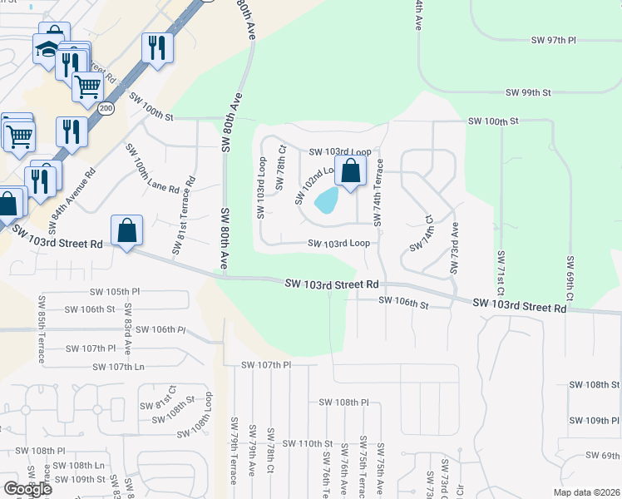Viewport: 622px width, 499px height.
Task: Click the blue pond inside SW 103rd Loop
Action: click(x=327, y=200)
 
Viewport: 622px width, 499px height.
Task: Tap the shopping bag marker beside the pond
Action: click(x=351, y=171)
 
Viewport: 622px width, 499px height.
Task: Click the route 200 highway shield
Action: click(x=106, y=109)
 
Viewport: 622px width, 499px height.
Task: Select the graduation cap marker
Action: click(x=47, y=49)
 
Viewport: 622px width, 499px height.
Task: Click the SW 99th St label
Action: click(x=529, y=93)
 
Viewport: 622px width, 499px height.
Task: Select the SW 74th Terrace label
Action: click(x=378, y=192)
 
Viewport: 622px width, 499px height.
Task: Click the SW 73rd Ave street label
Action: click(x=454, y=248)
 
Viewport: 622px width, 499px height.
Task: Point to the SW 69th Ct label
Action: click(x=570, y=279)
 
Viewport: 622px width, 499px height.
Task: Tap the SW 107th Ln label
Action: click(x=118, y=367)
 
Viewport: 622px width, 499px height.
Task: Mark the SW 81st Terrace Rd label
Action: click(x=184, y=215)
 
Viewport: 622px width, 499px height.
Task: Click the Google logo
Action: click(x=27, y=489)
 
